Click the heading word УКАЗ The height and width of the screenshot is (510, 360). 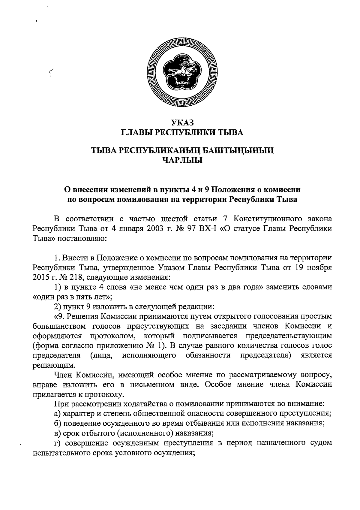click(182, 122)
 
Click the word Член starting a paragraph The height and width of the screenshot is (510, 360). click(63, 375)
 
